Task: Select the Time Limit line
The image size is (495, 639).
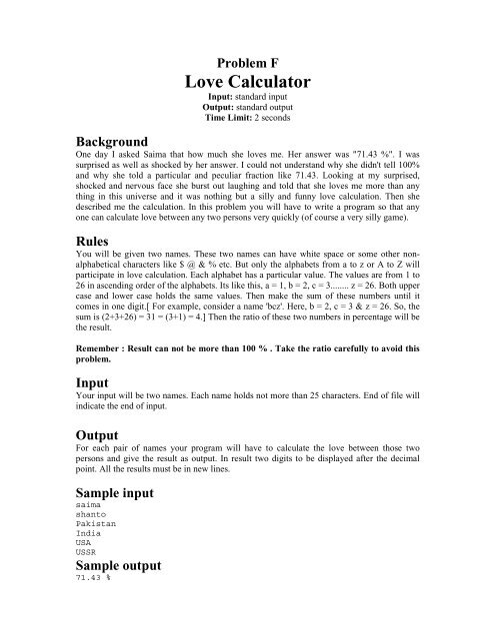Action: (247, 119)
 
